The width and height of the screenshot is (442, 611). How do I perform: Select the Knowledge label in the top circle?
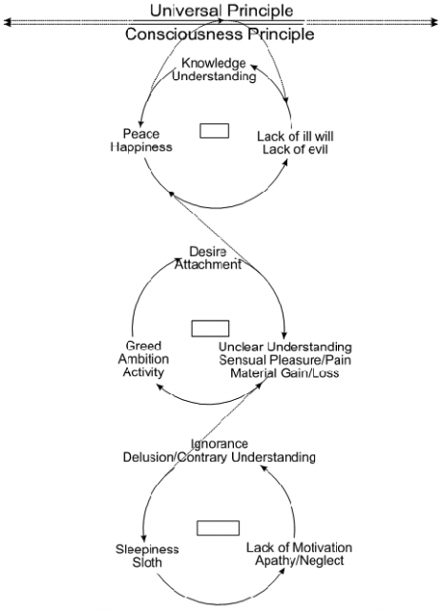tap(214, 63)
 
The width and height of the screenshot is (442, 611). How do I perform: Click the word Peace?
tap(141, 134)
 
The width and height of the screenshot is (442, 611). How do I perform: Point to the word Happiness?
tap(141, 147)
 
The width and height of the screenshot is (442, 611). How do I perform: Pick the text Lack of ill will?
tap(295, 137)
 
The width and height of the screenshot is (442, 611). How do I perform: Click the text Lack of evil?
tap(295, 149)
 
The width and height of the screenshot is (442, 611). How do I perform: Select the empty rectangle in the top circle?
tap(215, 131)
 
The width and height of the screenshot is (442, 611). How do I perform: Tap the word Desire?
tap(208, 251)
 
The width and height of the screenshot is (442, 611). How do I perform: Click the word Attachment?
tap(208, 264)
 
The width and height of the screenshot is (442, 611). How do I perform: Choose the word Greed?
tap(143, 346)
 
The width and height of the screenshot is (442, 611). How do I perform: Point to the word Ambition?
tap(143, 359)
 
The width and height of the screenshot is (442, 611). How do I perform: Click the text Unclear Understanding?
tap(285, 347)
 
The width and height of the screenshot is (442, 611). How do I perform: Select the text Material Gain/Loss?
tap(284, 373)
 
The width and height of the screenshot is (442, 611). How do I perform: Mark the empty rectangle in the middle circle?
tap(210, 328)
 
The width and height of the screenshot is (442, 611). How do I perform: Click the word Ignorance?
tap(220, 444)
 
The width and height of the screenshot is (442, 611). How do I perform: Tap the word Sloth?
tap(147, 562)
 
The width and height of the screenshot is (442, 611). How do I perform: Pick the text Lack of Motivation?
tap(299, 547)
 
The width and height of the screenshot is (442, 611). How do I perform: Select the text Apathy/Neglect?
tap(300, 560)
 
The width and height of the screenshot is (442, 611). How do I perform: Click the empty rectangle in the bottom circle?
tap(218, 528)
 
